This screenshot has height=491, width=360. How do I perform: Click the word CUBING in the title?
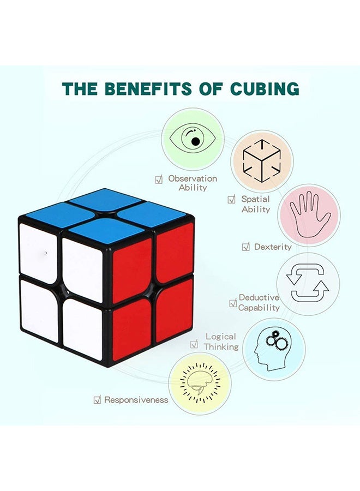[x=265, y=88]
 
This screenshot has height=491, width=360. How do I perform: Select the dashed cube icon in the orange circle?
[x=262, y=161]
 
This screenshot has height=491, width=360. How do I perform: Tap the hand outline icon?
[x=309, y=214]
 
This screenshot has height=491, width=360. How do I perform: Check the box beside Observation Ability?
[x=159, y=179]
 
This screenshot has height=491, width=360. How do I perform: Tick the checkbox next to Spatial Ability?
[x=232, y=200]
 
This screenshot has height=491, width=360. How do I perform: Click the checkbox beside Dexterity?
[x=246, y=247]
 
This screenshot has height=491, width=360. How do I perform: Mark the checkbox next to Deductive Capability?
[x=233, y=303]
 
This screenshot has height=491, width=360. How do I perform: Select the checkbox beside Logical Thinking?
[x=194, y=344]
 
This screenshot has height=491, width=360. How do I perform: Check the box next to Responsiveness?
[x=97, y=400]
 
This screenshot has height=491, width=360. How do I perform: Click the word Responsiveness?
[x=136, y=400]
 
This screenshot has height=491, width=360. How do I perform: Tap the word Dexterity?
[x=273, y=247]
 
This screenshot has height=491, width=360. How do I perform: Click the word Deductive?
[x=259, y=297]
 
